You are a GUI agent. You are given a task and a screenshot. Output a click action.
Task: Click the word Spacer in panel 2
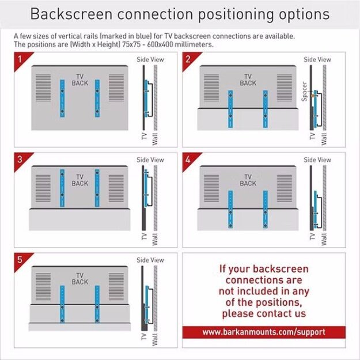304,92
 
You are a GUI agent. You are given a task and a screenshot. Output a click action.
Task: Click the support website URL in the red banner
264,332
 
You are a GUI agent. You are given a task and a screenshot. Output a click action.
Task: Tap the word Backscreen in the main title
71,14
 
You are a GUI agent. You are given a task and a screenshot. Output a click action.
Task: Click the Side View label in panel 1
150,59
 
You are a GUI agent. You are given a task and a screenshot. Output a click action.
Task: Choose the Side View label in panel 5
150,260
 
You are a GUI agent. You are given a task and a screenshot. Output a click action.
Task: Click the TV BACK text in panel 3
79,180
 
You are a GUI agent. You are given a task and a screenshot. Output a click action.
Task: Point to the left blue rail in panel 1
62,98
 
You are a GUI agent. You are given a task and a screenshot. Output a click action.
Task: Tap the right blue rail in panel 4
266,210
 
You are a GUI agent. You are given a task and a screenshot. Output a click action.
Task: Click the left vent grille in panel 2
211,88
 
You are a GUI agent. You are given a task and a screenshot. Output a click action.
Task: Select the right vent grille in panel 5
116,286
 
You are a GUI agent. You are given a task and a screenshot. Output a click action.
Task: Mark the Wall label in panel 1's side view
155,139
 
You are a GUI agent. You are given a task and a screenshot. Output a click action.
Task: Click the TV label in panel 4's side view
312,236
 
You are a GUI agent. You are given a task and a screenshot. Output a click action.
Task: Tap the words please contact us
264,313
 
